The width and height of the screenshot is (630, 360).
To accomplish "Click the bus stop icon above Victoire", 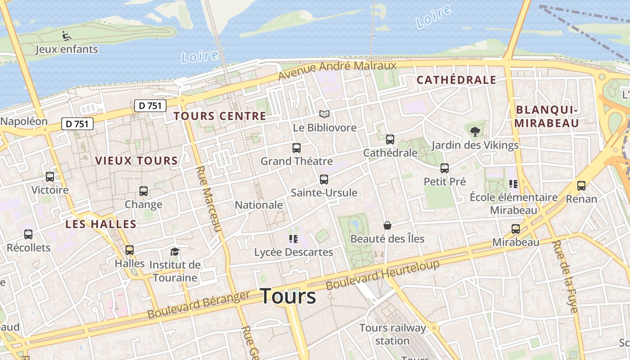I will tap(50, 177).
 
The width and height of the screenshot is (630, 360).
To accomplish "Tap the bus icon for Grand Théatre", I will tap(296, 148).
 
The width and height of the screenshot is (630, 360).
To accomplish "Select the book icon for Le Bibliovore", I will tap(324, 114).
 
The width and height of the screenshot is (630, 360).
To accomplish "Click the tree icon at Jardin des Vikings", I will tap(475, 132).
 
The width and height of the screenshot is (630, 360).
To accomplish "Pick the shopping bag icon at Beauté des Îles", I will tap(387, 225).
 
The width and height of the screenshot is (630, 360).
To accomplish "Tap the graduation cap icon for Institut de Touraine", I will tap(175, 252).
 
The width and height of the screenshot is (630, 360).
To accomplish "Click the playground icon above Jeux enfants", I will tap(66, 35).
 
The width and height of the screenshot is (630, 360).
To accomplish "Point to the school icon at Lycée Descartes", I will tap(293, 239).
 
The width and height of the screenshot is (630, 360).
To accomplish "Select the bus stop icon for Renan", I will tap(581, 185).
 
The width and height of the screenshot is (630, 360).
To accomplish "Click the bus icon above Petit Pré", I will tap(445, 168).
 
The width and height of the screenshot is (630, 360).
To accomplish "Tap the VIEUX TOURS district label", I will tap(136, 161).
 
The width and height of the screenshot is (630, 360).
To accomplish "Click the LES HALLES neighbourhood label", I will tap(101, 224).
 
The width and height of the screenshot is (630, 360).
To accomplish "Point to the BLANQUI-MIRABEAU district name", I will tap(547, 117).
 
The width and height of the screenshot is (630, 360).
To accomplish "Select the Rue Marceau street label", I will tap(210, 198).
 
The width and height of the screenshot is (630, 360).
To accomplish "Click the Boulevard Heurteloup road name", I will tap(382, 275).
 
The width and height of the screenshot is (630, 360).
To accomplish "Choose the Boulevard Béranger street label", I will tap(198, 305).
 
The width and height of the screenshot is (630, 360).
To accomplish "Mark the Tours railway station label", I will tap(392, 334).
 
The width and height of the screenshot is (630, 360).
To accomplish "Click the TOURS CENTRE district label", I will tap(220, 116).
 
